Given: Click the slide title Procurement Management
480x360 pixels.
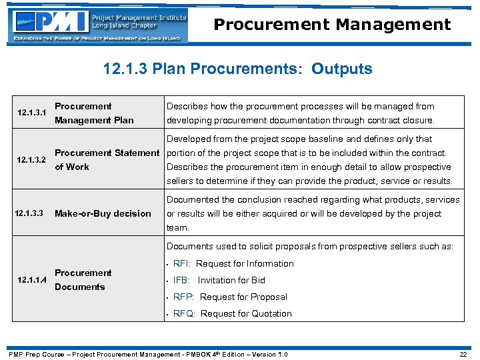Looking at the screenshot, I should click(x=332, y=25).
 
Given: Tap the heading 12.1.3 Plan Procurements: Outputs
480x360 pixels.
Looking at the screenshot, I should click(x=238, y=69).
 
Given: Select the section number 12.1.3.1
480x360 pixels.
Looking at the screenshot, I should click(x=32, y=113).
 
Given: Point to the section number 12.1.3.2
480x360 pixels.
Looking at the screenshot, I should click(x=32, y=160).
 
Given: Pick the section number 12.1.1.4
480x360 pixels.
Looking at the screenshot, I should click(x=32, y=280).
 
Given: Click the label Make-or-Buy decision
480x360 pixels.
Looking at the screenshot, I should click(x=103, y=213).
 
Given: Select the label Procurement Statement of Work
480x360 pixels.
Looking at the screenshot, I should click(x=107, y=160).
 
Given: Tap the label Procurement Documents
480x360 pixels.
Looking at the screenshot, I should click(x=83, y=280).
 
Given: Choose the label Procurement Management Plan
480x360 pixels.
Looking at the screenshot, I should click(x=93, y=113).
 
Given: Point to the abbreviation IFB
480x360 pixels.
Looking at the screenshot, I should click(x=181, y=280).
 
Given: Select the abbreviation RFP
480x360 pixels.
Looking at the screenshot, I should click(x=183, y=297).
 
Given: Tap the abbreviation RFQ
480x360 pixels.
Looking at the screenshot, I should click(x=184, y=313).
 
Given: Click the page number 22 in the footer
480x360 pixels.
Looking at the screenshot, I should click(x=463, y=354).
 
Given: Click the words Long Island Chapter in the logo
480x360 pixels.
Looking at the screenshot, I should click(x=125, y=25).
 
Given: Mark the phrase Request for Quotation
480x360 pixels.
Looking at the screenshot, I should click(x=246, y=313).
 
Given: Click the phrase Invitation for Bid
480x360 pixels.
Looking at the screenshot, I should click(x=231, y=280).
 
